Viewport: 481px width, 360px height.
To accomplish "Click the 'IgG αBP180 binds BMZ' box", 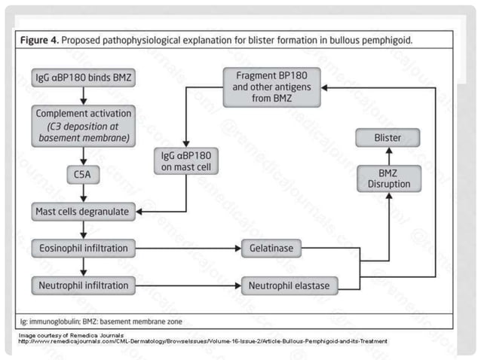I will pos(83,78).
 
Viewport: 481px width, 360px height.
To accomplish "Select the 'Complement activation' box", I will pos(83,125).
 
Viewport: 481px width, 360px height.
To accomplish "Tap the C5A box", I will pos(83,175).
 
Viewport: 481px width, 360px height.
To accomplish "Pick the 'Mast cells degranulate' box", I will pos(83,212).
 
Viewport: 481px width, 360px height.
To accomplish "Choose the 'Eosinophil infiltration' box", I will pos(83,247).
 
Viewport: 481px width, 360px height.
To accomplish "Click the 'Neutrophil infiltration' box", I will pos(83,285).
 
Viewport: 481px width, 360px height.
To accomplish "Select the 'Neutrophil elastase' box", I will pos(289,285).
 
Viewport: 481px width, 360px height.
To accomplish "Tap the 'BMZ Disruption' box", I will pos(389,178).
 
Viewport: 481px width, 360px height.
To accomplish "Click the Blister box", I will pos(388,139).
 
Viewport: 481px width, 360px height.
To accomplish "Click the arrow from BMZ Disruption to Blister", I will pos(389,155).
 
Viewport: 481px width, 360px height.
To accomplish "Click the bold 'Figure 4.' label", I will pos(44,38).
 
